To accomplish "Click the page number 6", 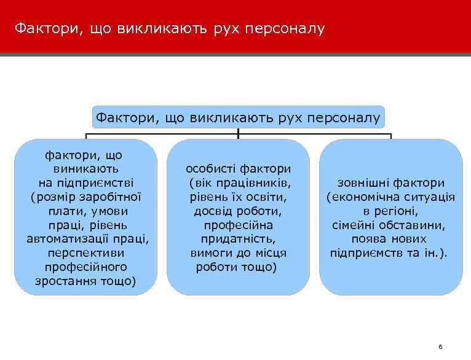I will tap(440, 347).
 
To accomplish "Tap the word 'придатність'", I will tap(239, 239).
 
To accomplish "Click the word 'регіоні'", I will tap(397, 211).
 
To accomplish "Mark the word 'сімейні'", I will tap(355, 225).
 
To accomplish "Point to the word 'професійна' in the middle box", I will tap(239, 225).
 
